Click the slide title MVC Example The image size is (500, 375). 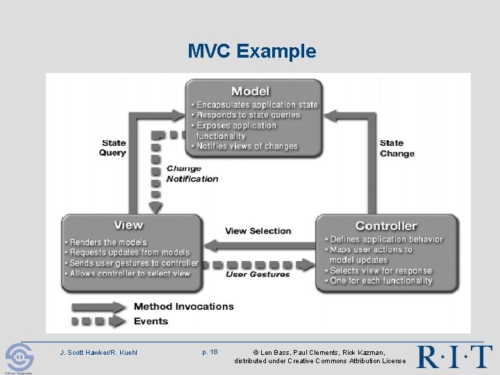251,51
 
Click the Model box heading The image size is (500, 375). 250,91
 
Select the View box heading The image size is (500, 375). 128,225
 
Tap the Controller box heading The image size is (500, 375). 386,226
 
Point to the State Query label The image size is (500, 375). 113,148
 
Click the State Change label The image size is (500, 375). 397,149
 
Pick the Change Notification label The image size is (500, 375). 192,174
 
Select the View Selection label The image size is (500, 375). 258,231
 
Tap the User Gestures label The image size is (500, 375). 257,274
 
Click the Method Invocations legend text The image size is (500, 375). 183,306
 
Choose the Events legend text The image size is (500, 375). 151,321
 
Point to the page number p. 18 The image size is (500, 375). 210,352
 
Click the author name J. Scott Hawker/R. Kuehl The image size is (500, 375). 99,352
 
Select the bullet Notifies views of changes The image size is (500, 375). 247,147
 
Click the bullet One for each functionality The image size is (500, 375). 381,281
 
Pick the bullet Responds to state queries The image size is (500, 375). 248,115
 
